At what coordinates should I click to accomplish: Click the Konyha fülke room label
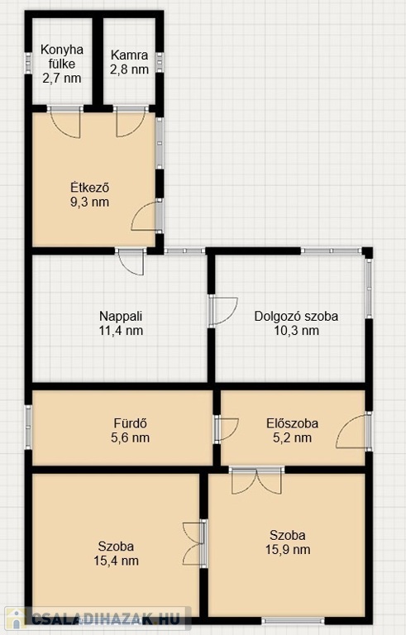pos(62,57)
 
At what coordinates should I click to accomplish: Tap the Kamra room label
pos(129,55)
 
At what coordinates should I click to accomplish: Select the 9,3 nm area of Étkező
pos(89,202)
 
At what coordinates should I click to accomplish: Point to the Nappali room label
pos(121,316)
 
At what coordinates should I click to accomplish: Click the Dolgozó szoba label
pos(296,316)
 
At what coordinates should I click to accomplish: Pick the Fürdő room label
pos(130,423)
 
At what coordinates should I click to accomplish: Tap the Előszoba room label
pos(292,423)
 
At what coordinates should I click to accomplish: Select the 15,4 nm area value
pos(116,561)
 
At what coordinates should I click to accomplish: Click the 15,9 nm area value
pos(288,549)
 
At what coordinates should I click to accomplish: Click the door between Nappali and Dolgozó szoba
pos(223,311)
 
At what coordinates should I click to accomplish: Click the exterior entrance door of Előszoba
pos(353,431)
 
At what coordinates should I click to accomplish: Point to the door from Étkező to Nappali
pos(130,262)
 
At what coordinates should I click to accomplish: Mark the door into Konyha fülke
pos(64,121)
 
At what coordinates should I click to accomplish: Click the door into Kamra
pos(131,121)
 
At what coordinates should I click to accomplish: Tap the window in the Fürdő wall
pos(28,427)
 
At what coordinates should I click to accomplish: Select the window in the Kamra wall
pos(160,63)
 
